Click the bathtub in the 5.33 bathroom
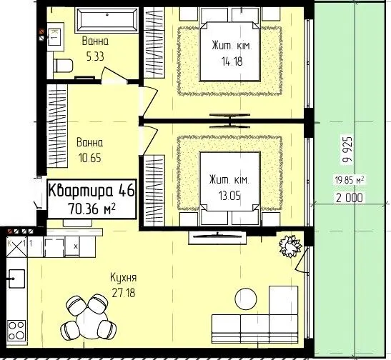[x=107, y=20]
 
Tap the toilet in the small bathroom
[x=63, y=66]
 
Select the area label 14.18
[x=232, y=61]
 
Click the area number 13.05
[x=229, y=196]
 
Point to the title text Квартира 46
[x=91, y=191]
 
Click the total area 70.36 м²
[x=91, y=209]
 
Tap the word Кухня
[x=124, y=278]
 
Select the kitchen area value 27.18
[x=124, y=293]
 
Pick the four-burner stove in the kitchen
[x=16, y=331]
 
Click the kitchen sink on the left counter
[x=16, y=279]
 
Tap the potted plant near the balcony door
[x=290, y=246]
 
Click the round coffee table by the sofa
[x=246, y=299]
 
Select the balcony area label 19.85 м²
[x=349, y=180]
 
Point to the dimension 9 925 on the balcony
[x=348, y=150]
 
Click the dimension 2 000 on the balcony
[x=349, y=198]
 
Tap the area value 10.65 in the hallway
[x=90, y=158]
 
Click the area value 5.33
[x=95, y=56]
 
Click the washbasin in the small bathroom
[x=55, y=37]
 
